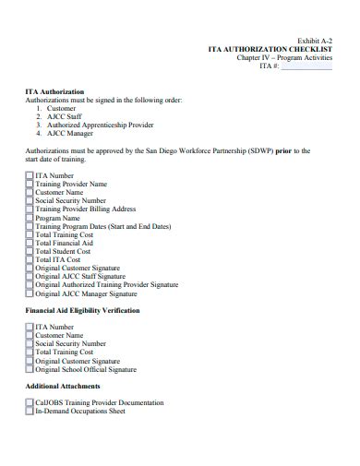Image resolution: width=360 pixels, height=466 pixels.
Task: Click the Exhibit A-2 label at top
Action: [x=313, y=40]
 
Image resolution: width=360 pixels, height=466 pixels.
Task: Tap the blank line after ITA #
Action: [x=306, y=66]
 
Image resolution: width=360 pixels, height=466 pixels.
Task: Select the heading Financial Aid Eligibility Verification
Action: [x=82, y=311]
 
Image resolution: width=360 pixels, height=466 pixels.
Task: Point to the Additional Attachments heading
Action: [x=62, y=386]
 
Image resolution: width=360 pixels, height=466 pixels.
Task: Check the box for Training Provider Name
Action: [x=30, y=184]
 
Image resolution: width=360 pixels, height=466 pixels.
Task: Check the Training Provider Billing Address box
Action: [x=30, y=209]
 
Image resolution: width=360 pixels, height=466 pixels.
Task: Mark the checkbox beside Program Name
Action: [x=30, y=218]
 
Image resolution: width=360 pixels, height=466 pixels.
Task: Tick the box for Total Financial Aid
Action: [x=30, y=243]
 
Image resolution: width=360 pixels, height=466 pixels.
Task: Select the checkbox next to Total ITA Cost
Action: [x=30, y=259]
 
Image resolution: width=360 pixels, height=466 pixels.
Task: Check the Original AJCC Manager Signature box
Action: [x=30, y=293]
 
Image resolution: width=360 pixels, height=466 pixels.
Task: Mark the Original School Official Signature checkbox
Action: [x=30, y=369]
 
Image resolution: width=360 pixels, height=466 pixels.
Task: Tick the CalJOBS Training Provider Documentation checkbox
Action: [x=30, y=403]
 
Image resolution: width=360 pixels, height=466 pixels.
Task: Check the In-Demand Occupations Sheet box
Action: [x=30, y=412]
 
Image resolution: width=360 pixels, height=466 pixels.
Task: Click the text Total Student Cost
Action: [x=63, y=251]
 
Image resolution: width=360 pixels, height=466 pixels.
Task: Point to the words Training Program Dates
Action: [x=69, y=226]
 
